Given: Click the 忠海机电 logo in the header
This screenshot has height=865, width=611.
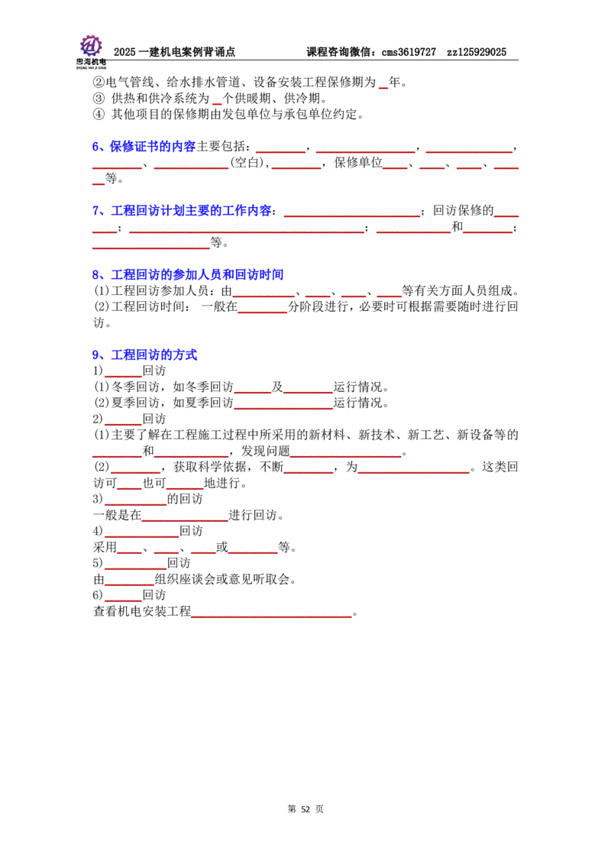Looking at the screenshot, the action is [91, 51].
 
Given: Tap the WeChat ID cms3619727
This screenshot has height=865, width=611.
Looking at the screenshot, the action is [409, 52].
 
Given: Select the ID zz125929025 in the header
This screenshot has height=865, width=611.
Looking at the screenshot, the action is [477, 52].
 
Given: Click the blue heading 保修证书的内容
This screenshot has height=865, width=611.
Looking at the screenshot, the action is [152, 146].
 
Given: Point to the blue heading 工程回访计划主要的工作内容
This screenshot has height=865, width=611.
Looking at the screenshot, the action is [192, 210].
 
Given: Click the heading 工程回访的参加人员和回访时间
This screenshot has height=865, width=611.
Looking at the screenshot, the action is [197, 274].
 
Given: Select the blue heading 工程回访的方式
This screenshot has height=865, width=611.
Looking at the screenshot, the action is [154, 355].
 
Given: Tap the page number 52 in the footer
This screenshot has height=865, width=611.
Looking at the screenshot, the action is [305, 808].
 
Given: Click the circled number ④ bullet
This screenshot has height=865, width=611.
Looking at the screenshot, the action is [99, 114].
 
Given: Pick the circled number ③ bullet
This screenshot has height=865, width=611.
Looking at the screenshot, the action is [99, 99].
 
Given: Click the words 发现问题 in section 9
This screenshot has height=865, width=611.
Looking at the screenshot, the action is [266, 451].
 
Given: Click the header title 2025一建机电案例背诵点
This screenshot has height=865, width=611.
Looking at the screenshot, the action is [174, 52].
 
